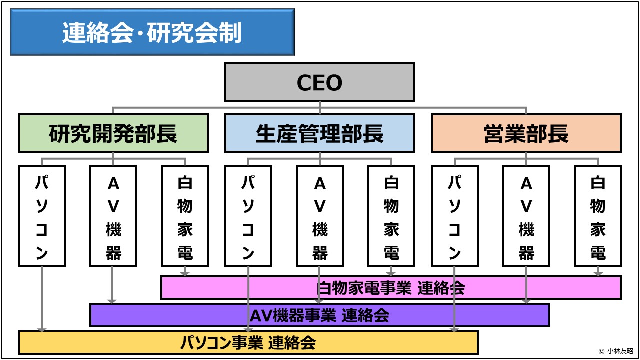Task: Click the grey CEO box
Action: tap(319, 82)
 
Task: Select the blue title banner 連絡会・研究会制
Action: tap(152, 32)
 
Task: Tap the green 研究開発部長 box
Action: tap(113, 133)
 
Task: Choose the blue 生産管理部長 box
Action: tap(319, 133)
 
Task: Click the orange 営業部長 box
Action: tap(526, 133)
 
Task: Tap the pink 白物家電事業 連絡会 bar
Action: tap(391, 288)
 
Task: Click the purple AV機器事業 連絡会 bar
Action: tap(319, 315)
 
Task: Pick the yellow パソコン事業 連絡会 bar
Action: tap(248, 343)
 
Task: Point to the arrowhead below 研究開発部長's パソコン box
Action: tap(42, 328)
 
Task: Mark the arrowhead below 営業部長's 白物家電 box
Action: tap(598, 273)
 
